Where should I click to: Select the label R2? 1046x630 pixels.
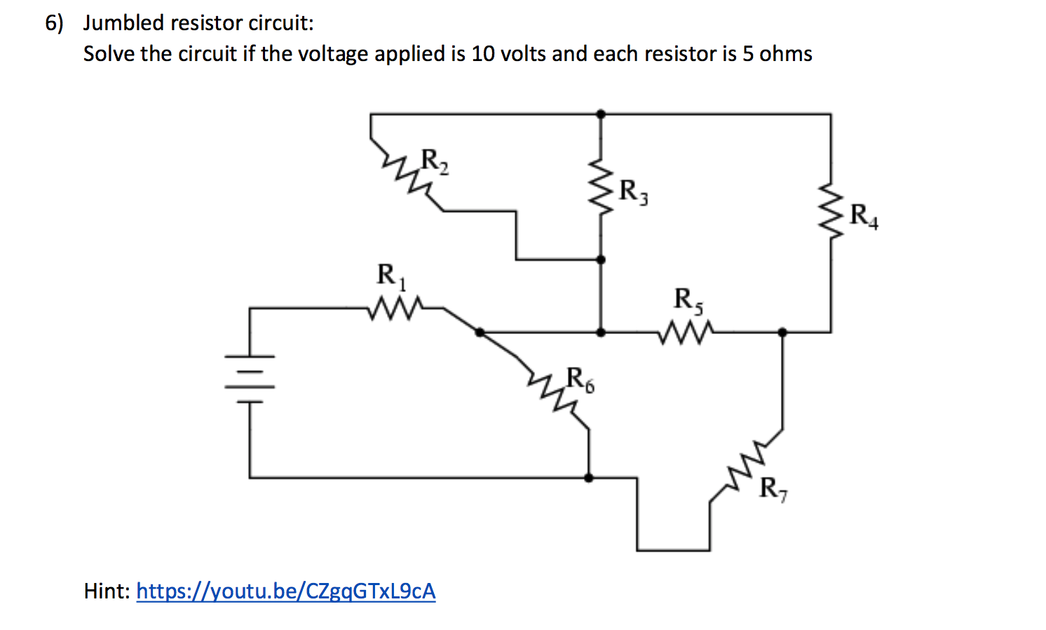pyautogui.click(x=435, y=161)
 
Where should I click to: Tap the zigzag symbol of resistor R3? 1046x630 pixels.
pyautogui.click(x=601, y=187)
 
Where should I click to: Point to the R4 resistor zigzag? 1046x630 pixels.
pyautogui.click(x=831, y=212)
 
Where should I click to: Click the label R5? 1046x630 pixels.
pyautogui.click(x=689, y=300)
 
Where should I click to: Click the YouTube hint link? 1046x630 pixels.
pyautogui.click(x=285, y=591)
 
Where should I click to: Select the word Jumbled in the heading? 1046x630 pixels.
pyautogui.click(x=123, y=22)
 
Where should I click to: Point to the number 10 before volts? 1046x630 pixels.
pyautogui.click(x=482, y=54)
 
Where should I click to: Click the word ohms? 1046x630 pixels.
pyautogui.click(x=786, y=54)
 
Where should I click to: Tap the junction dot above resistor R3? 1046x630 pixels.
pyautogui.click(x=601, y=113)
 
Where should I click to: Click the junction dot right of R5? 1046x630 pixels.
pyautogui.click(x=782, y=332)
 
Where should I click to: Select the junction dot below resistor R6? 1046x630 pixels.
pyautogui.click(x=588, y=478)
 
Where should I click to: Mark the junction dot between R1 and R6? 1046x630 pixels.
pyautogui.click(x=480, y=332)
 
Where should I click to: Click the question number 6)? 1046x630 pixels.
pyautogui.click(x=54, y=22)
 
